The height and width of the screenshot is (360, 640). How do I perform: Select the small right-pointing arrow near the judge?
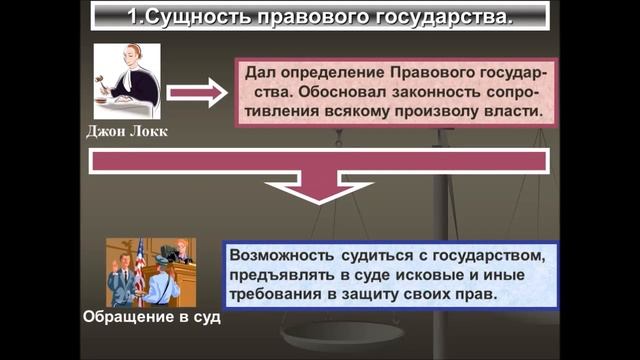[x=196, y=94]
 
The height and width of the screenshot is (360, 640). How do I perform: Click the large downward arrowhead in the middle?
[x=317, y=187]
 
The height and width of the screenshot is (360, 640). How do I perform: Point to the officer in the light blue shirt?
[x=160, y=285]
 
